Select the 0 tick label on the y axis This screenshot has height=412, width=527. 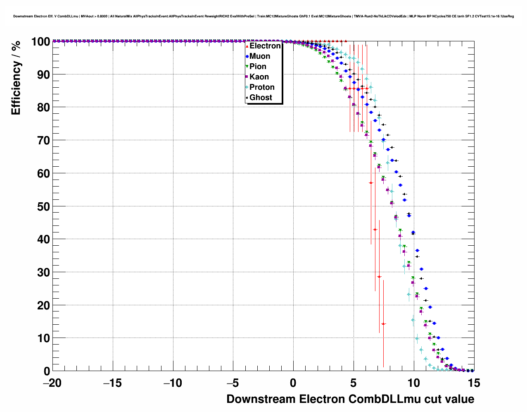coord(47,371)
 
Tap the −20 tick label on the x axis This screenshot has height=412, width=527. coord(52,383)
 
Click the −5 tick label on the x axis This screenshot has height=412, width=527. coord(233,383)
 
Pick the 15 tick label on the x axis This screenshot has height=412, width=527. coord(474,383)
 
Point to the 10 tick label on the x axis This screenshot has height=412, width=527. coord(414,383)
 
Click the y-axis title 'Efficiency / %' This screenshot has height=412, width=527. coord(16,78)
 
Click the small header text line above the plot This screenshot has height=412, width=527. coord(263,16)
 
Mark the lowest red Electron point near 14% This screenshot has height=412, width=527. coord(383,324)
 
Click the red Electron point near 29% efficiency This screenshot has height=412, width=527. coord(379,276)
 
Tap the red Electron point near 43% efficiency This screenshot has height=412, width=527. coord(375,230)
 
